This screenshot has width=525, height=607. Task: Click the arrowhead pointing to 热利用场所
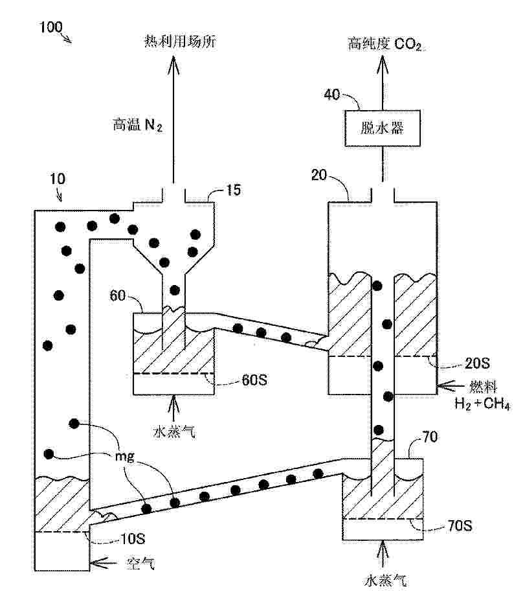[173, 62]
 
